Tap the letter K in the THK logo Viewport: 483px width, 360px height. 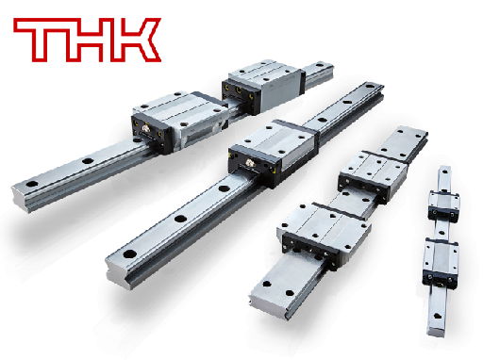tap(139, 41)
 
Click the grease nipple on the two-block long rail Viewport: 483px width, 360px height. tap(145, 129)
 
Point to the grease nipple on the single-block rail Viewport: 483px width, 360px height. tap(250, 163)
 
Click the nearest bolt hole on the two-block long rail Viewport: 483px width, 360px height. tap(32, 184)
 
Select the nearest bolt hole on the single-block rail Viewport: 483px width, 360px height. tap(130, 254)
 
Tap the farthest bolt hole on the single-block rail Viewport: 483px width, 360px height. tap(370, 86)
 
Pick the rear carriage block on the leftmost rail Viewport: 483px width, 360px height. tap(263, 86)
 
